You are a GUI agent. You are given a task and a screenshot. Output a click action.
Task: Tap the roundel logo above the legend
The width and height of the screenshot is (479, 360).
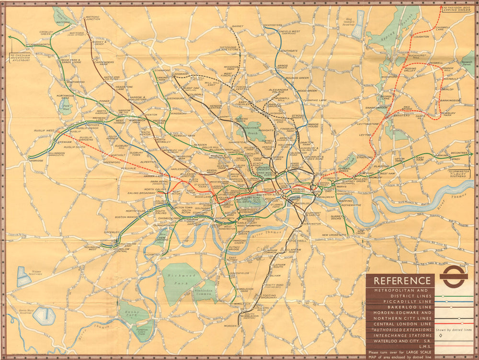[453, 277]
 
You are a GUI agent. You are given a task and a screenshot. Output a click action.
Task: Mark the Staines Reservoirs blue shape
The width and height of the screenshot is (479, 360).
[23, 277]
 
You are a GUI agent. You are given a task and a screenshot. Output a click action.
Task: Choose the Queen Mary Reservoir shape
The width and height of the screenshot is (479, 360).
[44, 315]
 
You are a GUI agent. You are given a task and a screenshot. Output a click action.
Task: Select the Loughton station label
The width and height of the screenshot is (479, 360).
[421, 36]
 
